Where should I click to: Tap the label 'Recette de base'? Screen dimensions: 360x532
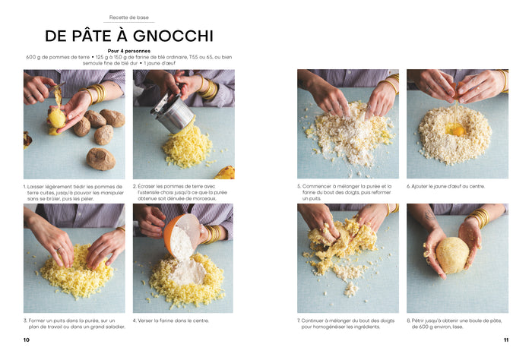[128, 17]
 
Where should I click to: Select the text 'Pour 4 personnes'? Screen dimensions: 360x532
[129, 51]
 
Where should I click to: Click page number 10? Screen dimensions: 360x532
[27, 339]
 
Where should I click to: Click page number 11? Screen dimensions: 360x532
[505, 339]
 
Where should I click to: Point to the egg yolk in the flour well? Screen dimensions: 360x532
[457, 130]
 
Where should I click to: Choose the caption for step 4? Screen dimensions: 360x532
[170, 321]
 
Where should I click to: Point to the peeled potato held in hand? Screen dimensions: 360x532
[57, 118]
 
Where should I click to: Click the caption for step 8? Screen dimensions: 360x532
[456, 324]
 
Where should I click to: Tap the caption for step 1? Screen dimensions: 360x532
[74, 193]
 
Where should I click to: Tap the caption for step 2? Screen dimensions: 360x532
[182, 193]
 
